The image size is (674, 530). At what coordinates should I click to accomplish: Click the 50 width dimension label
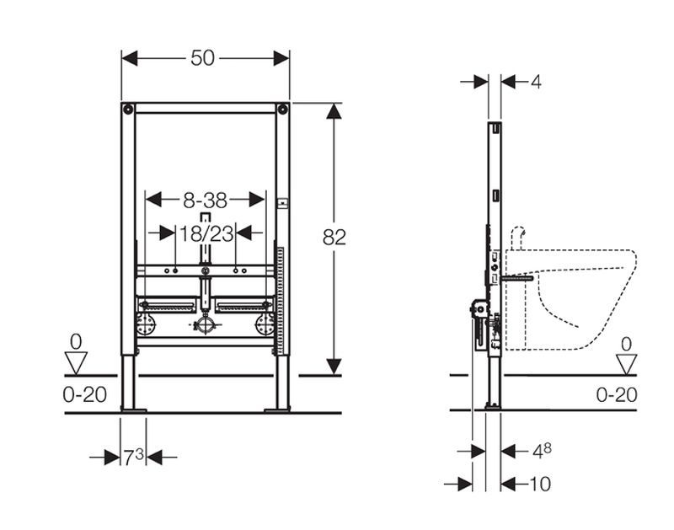202,58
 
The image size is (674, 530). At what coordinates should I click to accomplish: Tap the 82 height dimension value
334,237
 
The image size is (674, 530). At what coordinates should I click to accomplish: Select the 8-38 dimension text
205,200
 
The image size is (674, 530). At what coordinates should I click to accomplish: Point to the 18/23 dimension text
206,234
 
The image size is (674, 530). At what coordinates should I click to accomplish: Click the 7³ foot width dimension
133,457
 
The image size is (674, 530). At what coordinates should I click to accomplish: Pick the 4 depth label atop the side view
536,81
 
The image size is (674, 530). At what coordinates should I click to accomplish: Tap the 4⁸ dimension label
542,451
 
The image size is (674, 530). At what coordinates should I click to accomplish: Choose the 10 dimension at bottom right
540,484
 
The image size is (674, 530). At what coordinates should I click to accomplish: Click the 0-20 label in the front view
85,394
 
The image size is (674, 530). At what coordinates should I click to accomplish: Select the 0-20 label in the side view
617,394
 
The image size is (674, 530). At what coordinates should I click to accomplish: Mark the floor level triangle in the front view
76,362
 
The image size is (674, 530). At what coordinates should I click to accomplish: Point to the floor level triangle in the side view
626,364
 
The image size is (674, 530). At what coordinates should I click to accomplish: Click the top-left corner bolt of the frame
128,109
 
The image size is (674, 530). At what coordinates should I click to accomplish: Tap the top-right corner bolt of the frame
282,109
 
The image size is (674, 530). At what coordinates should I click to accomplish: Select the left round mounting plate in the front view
145,324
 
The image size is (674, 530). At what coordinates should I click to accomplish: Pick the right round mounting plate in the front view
265,324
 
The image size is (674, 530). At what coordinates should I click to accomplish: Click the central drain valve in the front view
206,325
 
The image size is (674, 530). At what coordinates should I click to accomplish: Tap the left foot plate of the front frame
134,410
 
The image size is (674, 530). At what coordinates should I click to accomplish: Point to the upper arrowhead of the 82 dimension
334,111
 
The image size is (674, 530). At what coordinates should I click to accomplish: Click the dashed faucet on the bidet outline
518,237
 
